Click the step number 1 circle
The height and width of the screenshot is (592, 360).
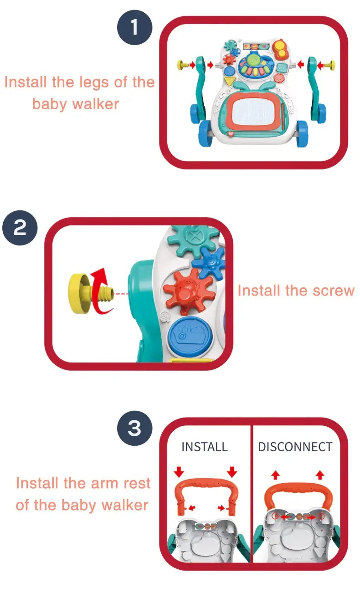point(134,27)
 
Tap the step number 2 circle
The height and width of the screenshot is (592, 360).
point(20,228)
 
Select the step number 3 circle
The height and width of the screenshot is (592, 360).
point(134,428)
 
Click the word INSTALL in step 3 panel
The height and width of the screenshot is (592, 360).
point(205,447)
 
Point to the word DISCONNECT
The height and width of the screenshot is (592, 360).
point(295,447)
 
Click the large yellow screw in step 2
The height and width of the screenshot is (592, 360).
point(90,294)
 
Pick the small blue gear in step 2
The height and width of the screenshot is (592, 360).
point(210,263)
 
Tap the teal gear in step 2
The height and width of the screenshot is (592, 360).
point(194,240)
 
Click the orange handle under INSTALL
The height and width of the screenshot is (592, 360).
point(206,483)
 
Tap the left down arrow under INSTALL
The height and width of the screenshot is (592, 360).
point(179,472)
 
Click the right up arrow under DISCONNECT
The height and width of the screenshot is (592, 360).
point(320,475)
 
